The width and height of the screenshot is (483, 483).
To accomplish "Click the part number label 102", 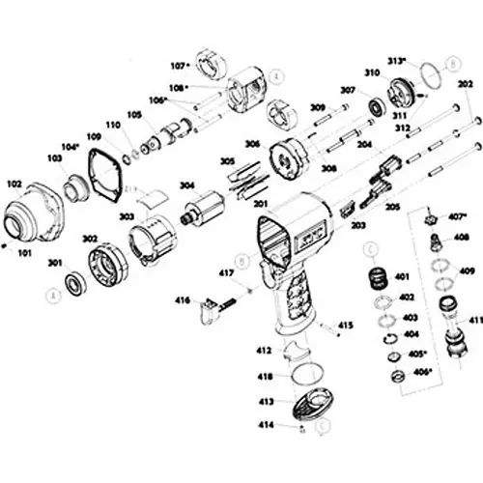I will (14, 181).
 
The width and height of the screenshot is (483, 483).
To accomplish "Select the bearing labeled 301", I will (72, 285).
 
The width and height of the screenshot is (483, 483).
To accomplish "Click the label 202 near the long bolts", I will (466, 85).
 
